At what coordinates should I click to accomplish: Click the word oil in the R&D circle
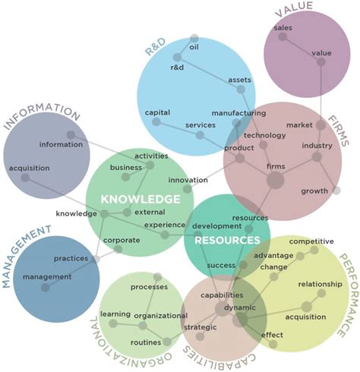pyautogui.click(x=194, y=47)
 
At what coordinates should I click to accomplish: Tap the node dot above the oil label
pyautogui.click(x=194, y=38)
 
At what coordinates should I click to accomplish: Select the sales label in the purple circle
pyautogui.click(x=283, y=27)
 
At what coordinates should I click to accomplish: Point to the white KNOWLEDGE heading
pyautogui.click(x=141, y=200)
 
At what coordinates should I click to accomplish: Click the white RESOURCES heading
pyautogui.click(x=227, y=240)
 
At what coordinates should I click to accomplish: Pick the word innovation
pyautogui.click(x=188, y=180)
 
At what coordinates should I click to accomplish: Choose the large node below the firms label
pyautogui.click(x=275, y=181)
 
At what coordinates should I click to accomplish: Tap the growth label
pyautogui.click(x=314, y=191)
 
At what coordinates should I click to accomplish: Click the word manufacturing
pyautogui.click(x=238, y=113)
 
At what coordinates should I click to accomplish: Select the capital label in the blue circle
pyautogui.click(x=157, y=112)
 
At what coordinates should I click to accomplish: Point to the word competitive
pyautogui.click(x=311, y=241)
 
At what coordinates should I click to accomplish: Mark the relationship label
pyautogui.click(x=321, y=284)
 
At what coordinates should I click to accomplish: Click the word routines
pyautogui.click(x=146, y=342)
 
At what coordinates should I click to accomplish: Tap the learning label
pyautogui.click(x=115, y=314)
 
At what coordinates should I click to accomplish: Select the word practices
pyautogui.click(x=71, y=259)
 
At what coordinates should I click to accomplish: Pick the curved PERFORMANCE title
pyautogui.click(x=349, y=295)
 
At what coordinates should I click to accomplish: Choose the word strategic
pyautogui.click(x=200, y=327)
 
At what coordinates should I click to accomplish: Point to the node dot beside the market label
pyautogui.click(x=321, y=125)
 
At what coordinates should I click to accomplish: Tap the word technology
pyautogui.click(x=264, y=135)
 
